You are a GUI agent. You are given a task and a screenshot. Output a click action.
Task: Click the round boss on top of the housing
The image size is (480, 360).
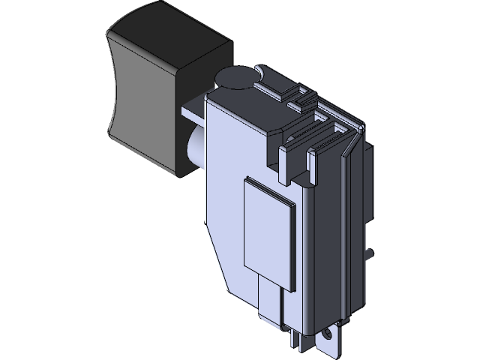[x=235, y=79]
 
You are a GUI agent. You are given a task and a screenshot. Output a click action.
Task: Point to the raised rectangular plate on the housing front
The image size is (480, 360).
[x=266, y=229]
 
